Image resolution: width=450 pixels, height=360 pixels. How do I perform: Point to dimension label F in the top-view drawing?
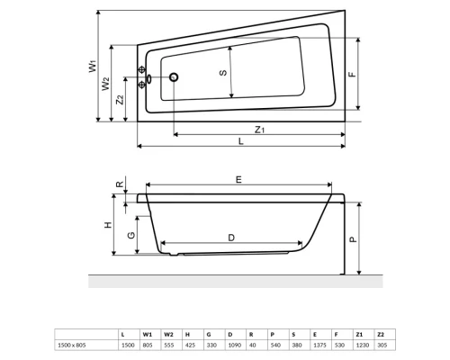click(352, 75)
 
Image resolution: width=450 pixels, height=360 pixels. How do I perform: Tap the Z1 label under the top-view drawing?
click(259, 130)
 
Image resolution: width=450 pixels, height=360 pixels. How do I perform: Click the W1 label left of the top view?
click(92, 66)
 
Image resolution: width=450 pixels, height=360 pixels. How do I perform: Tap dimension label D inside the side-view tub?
click(231, 237)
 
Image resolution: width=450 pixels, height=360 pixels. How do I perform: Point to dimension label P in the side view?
click(353, 239)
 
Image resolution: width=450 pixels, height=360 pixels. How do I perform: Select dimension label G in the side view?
click(131, 235)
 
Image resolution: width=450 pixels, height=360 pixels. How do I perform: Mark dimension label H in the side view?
click(109, 225)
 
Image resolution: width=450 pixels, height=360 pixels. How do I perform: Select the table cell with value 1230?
click(357, 345)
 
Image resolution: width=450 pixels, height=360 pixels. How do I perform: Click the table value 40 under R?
click(251, 345)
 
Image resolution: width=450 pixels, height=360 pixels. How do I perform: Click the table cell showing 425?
click(188, 345)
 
